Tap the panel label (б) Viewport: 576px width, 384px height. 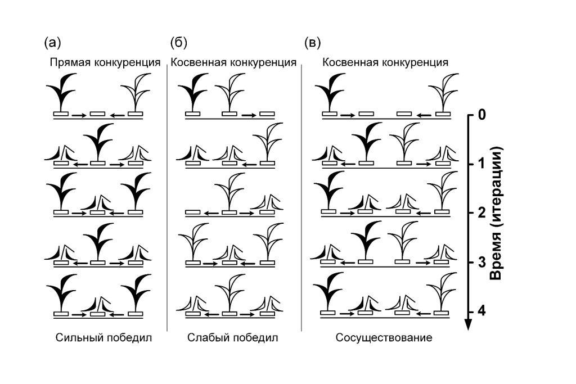[178, 42]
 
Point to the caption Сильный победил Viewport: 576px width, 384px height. [104, 338]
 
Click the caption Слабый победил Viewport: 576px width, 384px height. [233, 338]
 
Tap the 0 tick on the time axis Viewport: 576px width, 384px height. [481, 115]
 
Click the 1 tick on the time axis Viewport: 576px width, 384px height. [481, 164]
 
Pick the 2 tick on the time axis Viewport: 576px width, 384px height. [481, 213]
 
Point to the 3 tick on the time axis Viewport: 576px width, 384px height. [481, 262]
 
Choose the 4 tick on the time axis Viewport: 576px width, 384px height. [481, 311]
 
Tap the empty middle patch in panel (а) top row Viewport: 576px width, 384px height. [98, 114]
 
